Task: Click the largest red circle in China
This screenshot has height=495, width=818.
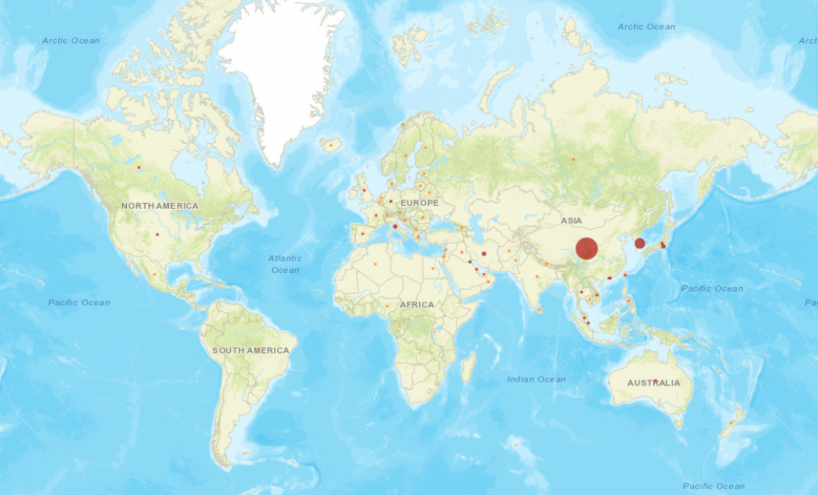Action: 587,249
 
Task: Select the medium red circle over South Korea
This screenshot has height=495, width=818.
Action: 640,243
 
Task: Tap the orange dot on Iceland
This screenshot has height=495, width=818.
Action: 331,144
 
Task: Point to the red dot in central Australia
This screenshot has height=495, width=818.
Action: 656,380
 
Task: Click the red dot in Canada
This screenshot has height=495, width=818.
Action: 139,168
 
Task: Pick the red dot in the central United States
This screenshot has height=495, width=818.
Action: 157,234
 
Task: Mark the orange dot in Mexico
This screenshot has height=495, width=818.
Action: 154,275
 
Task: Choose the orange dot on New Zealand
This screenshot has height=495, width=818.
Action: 732,422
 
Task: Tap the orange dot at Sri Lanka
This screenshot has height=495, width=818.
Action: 540,311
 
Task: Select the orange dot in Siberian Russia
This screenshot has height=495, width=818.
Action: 573,159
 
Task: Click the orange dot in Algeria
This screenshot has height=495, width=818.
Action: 375,265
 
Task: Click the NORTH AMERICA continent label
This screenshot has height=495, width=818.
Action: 159,206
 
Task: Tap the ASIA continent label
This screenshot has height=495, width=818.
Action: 571,220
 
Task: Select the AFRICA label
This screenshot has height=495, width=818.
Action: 417,304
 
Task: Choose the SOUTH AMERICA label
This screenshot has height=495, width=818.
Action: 251,350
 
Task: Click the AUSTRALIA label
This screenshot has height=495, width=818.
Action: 653,383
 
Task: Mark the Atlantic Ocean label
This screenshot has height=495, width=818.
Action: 285,264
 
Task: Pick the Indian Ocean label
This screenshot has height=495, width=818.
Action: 536,379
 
